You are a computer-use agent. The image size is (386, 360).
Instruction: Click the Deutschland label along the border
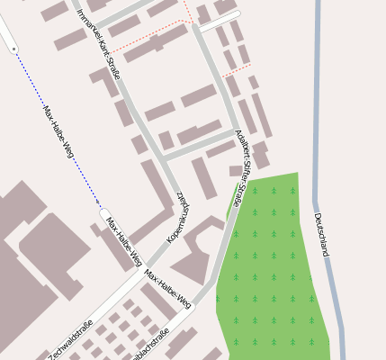click(x=321, y=235)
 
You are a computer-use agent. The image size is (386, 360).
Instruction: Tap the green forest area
click(x=270, y=270)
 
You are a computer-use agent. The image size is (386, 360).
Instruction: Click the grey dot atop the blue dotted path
click(x=13, y=47)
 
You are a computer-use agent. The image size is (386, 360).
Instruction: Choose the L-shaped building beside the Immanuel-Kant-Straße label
click(x=104, y=82)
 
